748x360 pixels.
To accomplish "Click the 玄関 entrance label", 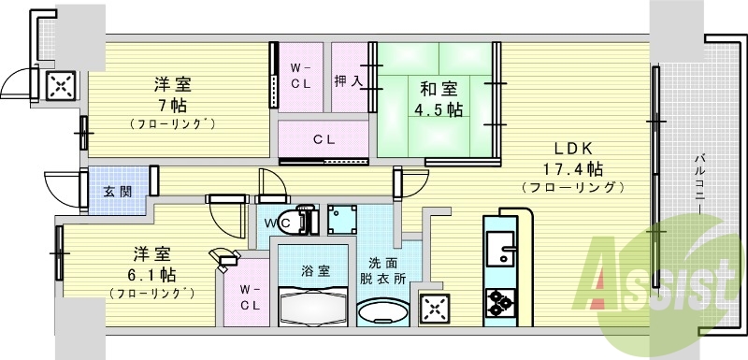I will [x=117, y=192].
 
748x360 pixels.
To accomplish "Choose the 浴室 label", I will [x=315, y=271].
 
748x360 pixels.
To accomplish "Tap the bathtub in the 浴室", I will [x=315, y=308].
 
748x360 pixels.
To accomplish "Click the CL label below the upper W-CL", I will [x=324, y=140].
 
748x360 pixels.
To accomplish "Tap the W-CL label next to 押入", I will [x=298, y=76].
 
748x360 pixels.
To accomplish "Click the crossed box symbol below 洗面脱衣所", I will [x=434, y=308].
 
